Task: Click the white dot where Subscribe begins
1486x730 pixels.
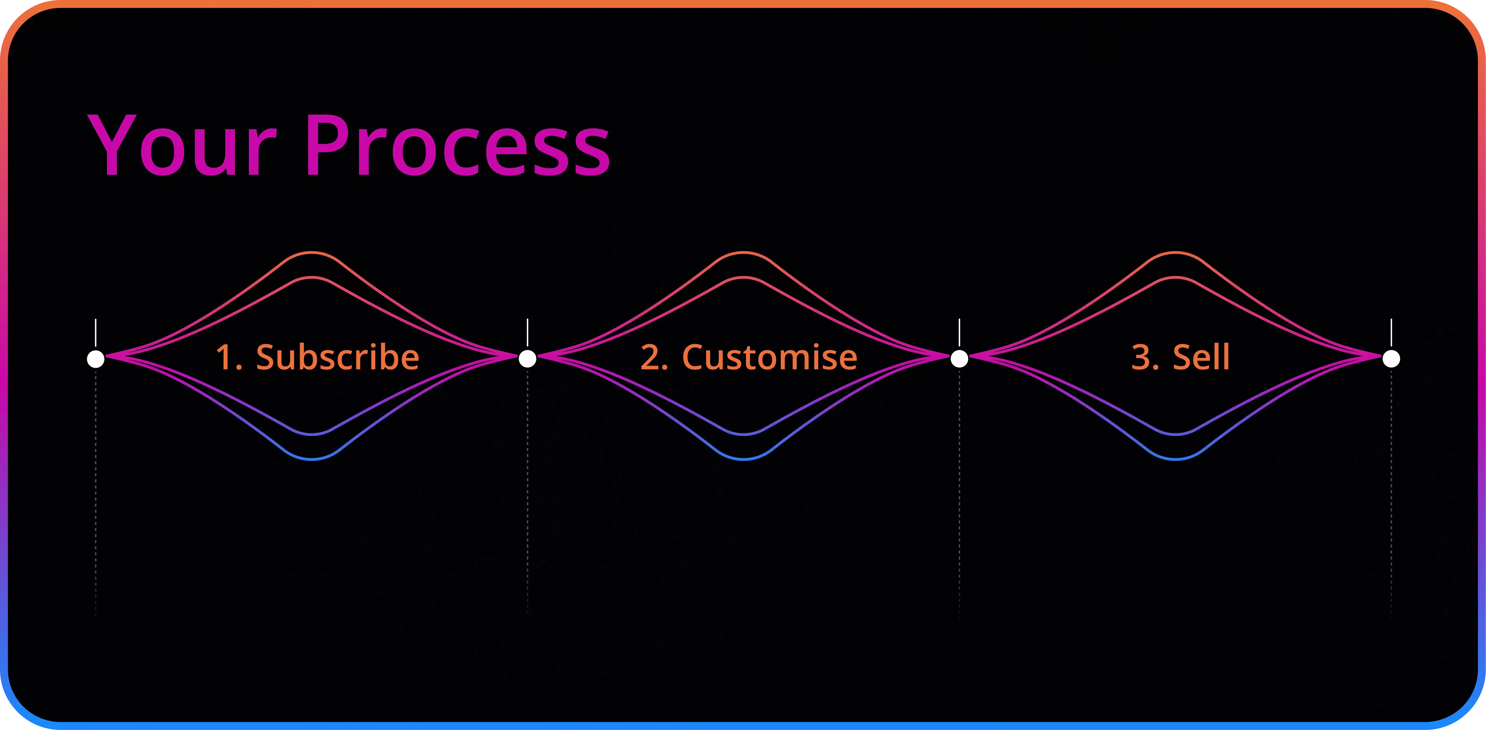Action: point(96,359)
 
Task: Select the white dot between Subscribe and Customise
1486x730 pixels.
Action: point(527,359)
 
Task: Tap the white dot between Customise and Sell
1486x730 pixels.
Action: point(959,359)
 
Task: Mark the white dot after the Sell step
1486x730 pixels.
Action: point(1391,359)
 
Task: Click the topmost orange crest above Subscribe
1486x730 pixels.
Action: point(311,253)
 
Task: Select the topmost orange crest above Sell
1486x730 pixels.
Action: point(1176,253)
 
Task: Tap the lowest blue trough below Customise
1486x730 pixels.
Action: point(744,459)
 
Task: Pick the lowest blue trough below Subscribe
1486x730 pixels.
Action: point(311,459)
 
